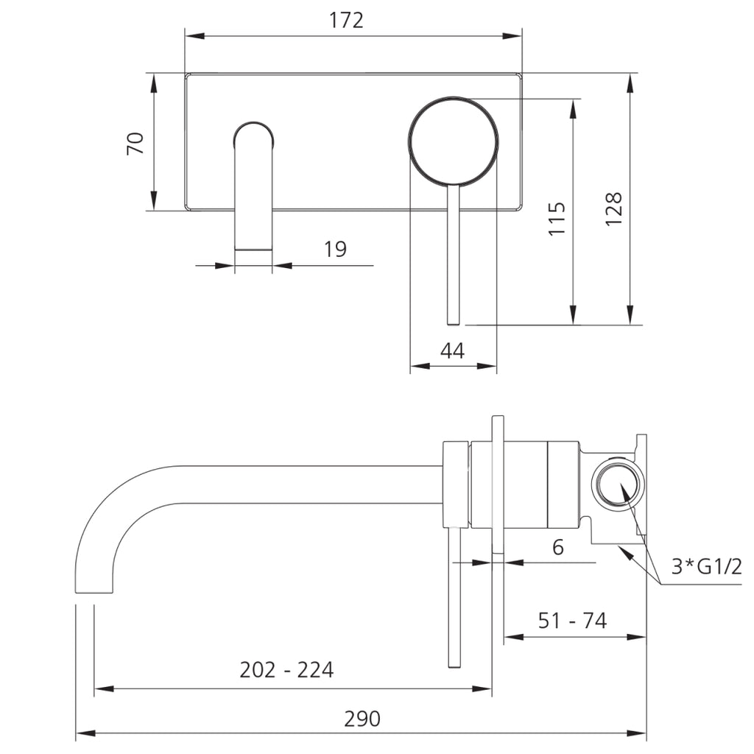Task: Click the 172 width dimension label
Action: (346, 20)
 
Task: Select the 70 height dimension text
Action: (135, 143)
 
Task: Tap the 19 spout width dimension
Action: (335, 250)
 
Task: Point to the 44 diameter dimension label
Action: (452, 351)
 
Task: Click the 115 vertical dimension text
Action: (557, 219)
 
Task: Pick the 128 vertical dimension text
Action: (614, 210)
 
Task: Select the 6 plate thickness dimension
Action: (557, 547)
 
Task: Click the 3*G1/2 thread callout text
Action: (706, 567)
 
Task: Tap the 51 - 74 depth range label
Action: (572, 621)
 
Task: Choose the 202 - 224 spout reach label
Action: (286, 670)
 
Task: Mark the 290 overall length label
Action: (362, 719)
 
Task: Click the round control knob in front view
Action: (453, 140)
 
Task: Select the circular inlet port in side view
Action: (617, 483)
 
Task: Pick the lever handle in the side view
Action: (454, 596)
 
